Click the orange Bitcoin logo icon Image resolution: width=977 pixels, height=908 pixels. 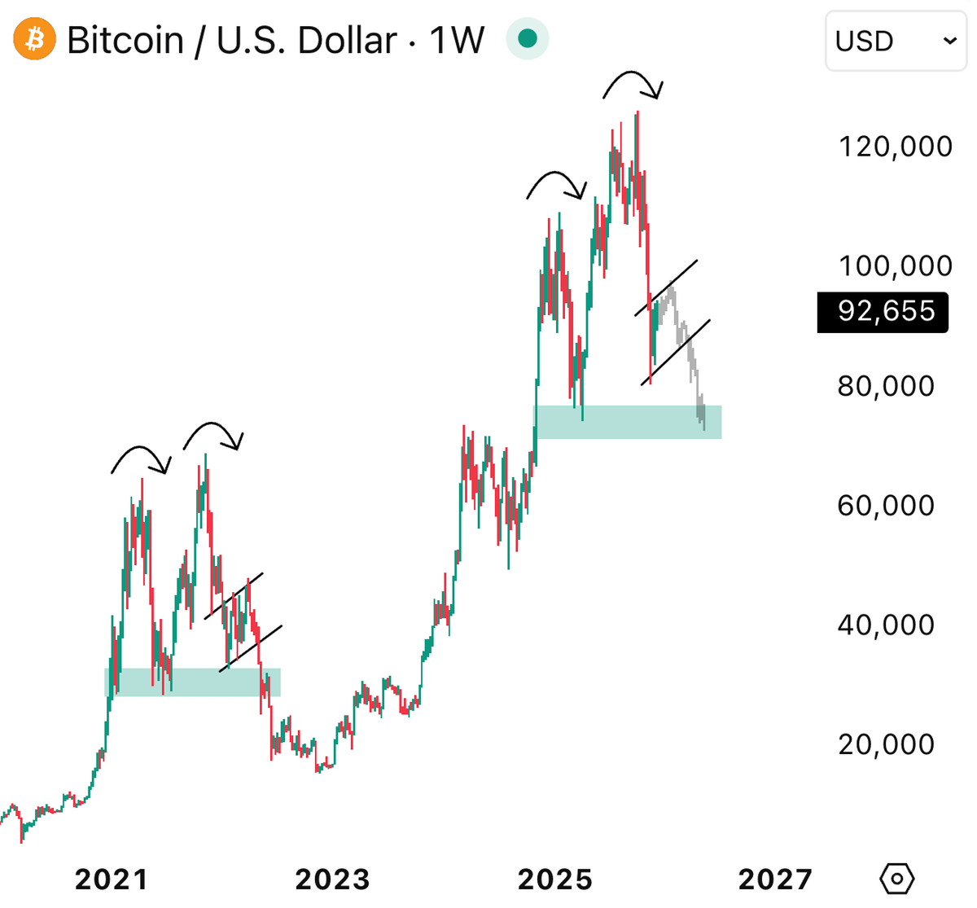pos(35,39)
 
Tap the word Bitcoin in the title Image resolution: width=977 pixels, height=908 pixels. pos(125,40)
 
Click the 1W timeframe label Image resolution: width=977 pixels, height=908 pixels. pos(456,40)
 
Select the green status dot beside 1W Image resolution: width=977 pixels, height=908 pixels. pos(528,38)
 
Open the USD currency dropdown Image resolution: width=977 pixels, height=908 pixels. pos(896,40)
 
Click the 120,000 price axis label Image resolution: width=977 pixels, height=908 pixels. pos(895,147)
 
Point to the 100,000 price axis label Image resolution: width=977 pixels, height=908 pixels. pos(895,265)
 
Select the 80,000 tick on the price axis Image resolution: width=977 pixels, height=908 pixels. pos(886,386)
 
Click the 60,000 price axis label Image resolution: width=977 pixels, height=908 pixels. pos(886,506)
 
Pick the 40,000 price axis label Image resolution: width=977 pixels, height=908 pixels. pos(886,625)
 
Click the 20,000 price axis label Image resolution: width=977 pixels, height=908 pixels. pos(886,744)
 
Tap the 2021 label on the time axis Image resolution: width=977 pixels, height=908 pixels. pos(112,879)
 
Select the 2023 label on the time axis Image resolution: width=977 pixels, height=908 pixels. pos(332,879)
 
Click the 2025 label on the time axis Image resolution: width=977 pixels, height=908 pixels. pos(555,879)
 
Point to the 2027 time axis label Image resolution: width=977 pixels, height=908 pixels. pos(775,879)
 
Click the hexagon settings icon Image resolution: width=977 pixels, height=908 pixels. pos(897,879)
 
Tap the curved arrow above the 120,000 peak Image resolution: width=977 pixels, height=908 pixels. pos(633,81)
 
